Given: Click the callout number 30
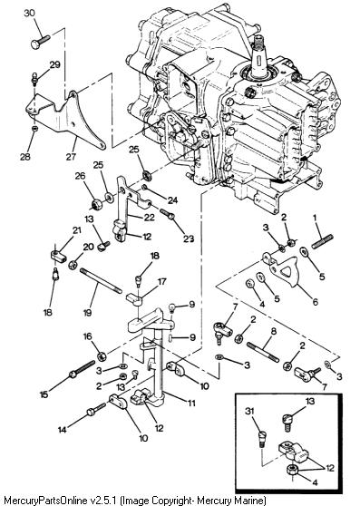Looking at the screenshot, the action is point(30,14).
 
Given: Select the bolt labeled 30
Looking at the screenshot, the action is point(41,42).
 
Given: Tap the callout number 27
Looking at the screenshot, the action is point(71,156).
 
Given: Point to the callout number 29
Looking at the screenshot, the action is point(54,64).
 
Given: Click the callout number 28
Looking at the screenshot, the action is point(25,157).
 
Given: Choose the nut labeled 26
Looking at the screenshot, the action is point(96,204).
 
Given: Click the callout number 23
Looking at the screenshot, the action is point(189,238).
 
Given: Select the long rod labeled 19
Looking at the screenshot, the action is point(101,281).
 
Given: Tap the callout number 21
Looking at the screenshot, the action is point(76,230).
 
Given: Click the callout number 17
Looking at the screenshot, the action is point(161,282).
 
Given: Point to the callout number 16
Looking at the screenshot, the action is point(87,336).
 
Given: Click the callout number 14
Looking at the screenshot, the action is point(63,430).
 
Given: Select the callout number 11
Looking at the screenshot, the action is point(191,403).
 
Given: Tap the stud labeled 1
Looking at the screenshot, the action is point(322,242).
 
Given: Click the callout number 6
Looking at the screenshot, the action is point(316,302).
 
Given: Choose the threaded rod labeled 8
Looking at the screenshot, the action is point(263,353).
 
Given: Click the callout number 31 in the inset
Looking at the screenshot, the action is point(249,411).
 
